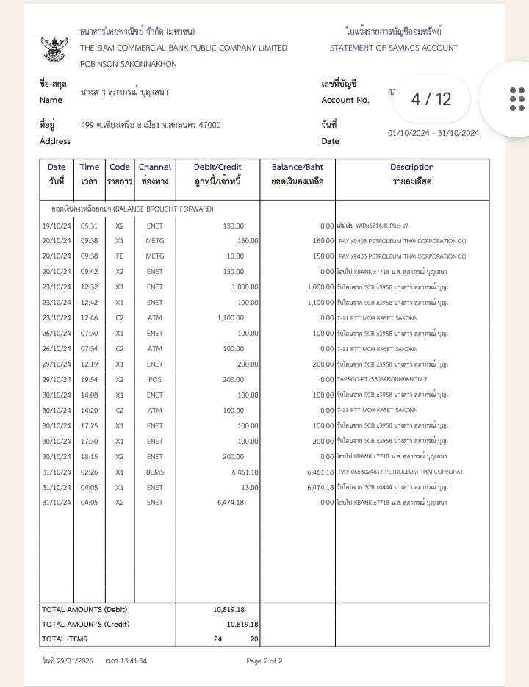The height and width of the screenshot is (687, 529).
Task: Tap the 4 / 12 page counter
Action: (x=431, y=98)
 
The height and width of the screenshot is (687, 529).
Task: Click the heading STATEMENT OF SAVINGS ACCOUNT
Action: (x=394, y=48)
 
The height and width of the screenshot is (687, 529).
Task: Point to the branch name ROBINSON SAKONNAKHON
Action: (x=129, y=64)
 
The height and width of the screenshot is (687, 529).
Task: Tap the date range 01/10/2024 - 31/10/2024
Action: (x=433, y=133)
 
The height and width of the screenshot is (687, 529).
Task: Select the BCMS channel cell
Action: (x=154, y=472)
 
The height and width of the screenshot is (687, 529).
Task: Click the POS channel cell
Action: (x=154, y=379)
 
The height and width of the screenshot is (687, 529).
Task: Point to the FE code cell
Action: (x=120, y=256)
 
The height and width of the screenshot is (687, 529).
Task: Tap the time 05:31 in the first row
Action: (x=90, y=226)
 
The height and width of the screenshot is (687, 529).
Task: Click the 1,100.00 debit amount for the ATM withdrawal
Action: (x=231, y=317)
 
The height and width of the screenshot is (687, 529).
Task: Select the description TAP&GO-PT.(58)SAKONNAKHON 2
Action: (x=381, y=379)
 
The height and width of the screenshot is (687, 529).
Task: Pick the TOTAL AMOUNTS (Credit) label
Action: (x=86, y=624)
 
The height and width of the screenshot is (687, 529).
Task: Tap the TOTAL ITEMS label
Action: (x=65, y=639)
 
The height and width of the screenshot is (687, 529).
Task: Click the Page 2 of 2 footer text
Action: (x=264, y=661)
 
